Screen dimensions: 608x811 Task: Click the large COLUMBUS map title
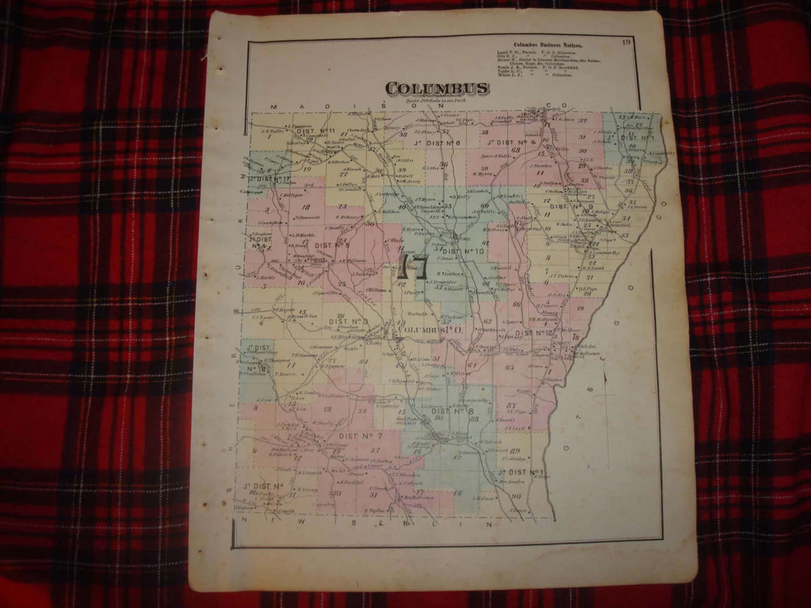click(437, 88)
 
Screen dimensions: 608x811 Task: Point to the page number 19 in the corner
click(627, 43)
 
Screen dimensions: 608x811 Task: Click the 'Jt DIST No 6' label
click(437, 143)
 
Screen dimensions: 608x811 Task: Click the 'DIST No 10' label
click(464, 252)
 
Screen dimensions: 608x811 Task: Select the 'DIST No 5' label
click(333, 245)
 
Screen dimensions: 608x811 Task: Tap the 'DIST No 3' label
click(348, 321)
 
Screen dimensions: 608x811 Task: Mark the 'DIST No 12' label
click(535, 332)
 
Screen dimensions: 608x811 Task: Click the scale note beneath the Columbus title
click(437, 101)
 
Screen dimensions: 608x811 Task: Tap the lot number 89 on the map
click(516, 451)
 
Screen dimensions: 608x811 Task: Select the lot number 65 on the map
click(510, 367)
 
